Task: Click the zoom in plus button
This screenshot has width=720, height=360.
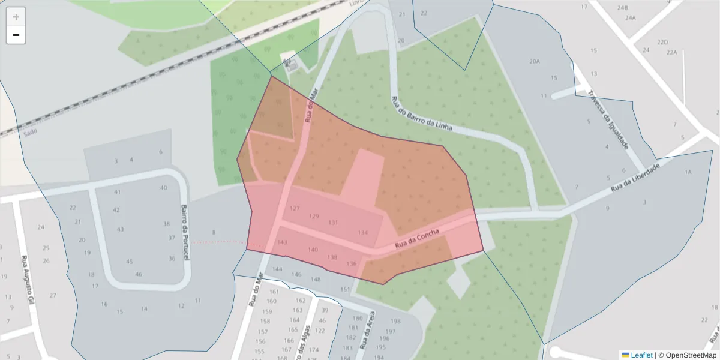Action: pos(16,17)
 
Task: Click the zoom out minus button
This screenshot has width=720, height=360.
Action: pos(16,35)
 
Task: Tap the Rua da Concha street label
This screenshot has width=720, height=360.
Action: pos(417,239)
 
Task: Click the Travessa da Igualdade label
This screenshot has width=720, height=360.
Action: pos(608,120)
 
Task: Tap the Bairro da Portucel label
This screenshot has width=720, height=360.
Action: pos(185,233)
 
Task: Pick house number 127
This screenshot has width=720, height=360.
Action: pos(294,209)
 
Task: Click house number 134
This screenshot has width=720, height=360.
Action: pos(362,233)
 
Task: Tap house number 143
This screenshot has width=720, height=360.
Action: pos(282,242)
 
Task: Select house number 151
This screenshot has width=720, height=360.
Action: pos(345,290)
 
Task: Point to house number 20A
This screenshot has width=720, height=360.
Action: pos(534,62)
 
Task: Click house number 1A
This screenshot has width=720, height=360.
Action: pos(688,172)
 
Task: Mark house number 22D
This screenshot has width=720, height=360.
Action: pos(662,43)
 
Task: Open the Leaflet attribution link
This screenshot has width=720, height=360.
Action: pos(641,355)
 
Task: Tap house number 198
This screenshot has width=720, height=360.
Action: pos(395,322)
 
